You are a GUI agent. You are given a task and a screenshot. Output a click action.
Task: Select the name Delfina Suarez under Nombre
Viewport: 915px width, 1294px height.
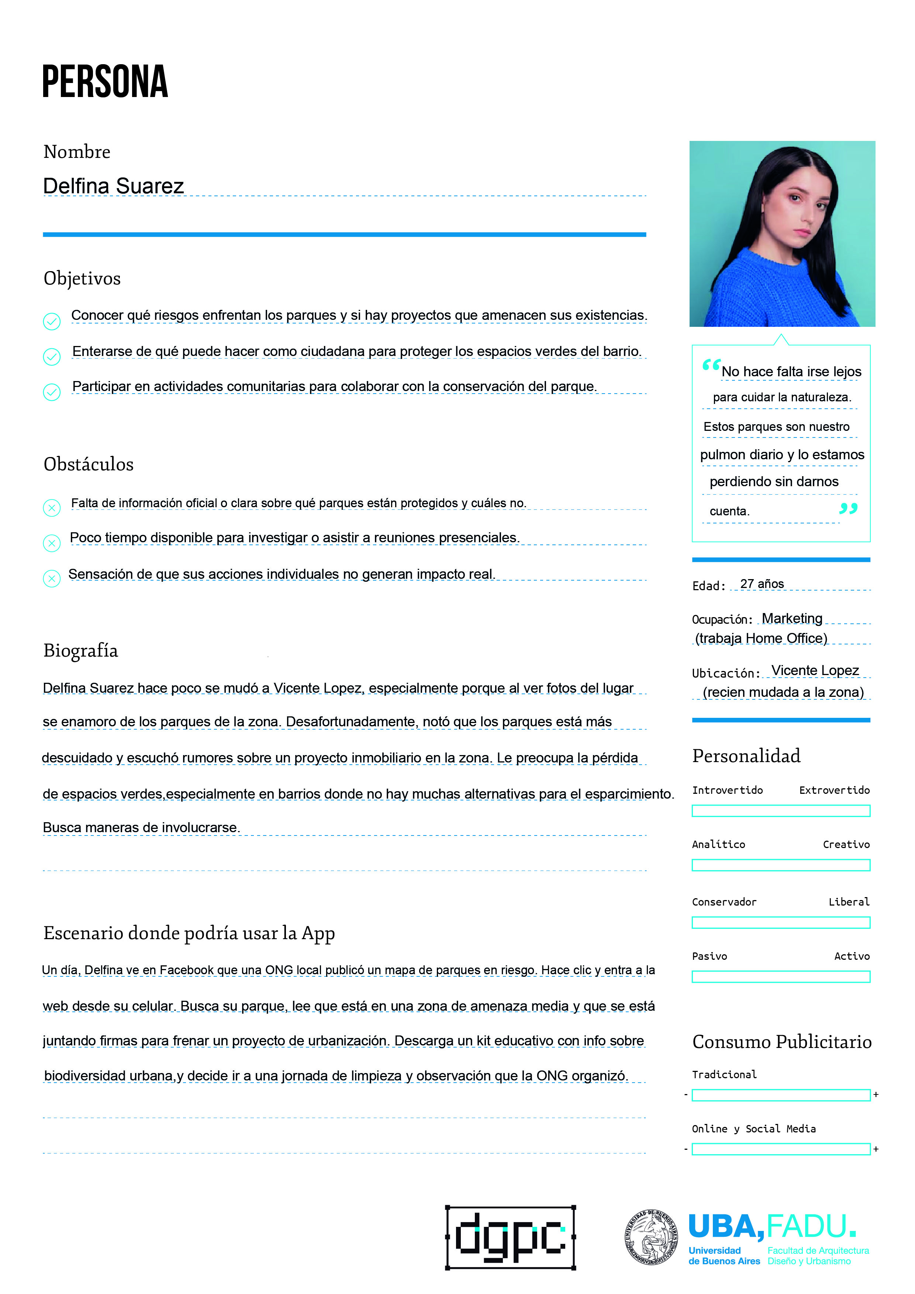tap(113, 186)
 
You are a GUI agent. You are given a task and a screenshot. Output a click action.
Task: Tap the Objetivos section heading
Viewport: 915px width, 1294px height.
tap(82, 278)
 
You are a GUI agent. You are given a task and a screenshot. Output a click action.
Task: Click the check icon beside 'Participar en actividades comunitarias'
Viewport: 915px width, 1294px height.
tap(52, 392)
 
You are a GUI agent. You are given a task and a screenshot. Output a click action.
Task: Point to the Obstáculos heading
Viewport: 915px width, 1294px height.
tap(89, 464)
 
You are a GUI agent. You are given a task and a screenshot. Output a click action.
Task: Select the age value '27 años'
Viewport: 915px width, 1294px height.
tap(762, 584)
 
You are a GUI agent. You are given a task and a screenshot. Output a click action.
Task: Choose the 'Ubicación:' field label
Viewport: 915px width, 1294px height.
tap(726, 673)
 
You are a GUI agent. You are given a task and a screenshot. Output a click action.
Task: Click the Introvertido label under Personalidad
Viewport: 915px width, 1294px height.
tap(727, 790)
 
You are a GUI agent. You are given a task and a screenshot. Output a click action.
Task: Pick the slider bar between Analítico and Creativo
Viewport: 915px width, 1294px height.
tap(781, 865)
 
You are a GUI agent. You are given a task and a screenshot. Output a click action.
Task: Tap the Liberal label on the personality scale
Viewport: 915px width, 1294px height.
tap(849, 902)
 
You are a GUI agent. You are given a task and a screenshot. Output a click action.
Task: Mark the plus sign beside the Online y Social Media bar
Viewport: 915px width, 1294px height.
tap(876, 1149)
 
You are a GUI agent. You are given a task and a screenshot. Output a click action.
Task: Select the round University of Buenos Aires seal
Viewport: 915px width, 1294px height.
tap(651, 1237)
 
